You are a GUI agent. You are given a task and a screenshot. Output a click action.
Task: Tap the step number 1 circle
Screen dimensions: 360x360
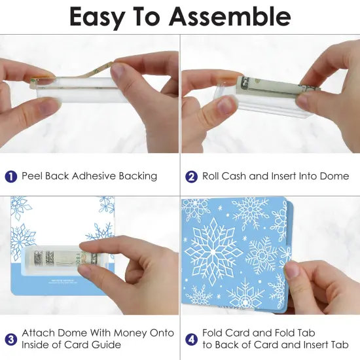[x=10, y=176]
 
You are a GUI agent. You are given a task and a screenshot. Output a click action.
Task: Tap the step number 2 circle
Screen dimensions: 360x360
[x=192, y=176]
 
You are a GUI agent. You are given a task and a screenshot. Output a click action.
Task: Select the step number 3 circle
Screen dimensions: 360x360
[x=10, y=338]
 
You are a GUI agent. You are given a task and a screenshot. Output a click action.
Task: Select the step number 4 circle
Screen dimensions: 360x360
[x=192, y=338]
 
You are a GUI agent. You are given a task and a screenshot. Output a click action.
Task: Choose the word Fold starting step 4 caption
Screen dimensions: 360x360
[x=213, y=333]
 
